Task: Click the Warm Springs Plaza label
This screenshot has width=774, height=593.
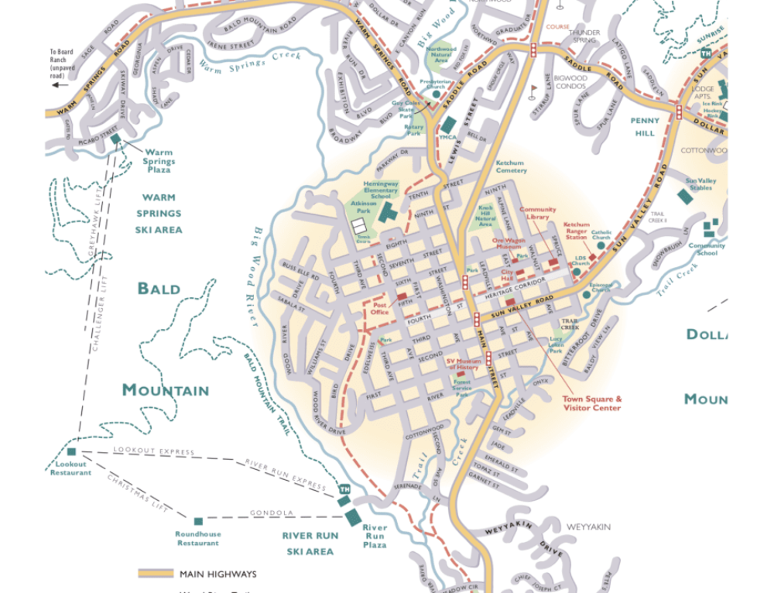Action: (159, 161)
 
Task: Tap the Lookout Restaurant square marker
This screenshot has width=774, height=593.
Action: (71, 451)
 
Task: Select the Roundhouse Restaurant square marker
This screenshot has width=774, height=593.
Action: (198, 521)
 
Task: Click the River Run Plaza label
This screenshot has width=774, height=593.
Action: (375, 536)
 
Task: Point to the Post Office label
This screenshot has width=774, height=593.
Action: (379, 308)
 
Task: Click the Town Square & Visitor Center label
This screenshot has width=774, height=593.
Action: (591, 403)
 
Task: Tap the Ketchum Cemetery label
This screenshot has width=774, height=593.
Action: (510, 166)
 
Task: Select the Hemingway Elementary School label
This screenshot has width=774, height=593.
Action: (381, 190)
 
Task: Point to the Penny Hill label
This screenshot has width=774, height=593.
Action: (644, 126)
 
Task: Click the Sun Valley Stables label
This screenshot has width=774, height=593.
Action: (700, 183)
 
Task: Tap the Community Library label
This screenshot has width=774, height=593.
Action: (537, 213)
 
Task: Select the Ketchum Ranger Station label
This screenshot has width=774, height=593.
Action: (576, 231)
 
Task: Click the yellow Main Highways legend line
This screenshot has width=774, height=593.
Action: (156, 574)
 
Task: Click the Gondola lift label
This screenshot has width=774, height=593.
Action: (271, 512)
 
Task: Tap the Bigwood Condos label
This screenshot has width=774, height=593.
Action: (571, 82)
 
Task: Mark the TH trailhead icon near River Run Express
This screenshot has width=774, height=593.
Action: (344, 489)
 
